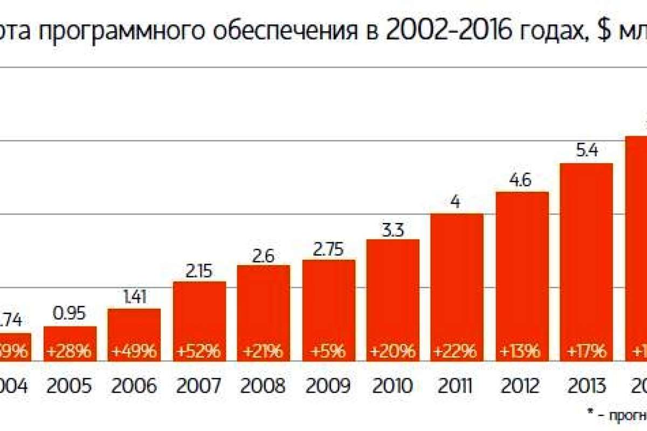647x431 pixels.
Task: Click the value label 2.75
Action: tap(328, 248)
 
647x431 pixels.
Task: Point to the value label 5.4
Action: tap(586, 151)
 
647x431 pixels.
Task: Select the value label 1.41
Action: tap(134, 297)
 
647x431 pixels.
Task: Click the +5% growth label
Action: tap(328, 352)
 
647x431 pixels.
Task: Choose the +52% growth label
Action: tap(199, 352)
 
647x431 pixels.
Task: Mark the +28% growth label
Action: tap(70, 352)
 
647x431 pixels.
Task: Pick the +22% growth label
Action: tap(457, 352)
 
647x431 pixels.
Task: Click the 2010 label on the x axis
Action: tap(393, 386)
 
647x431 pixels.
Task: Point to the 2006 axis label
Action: tap(134, 386)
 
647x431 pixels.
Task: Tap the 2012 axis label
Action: tap(522, 386)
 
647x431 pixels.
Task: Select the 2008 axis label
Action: tap(264, 386)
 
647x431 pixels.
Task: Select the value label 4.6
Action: tap(522, 180)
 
